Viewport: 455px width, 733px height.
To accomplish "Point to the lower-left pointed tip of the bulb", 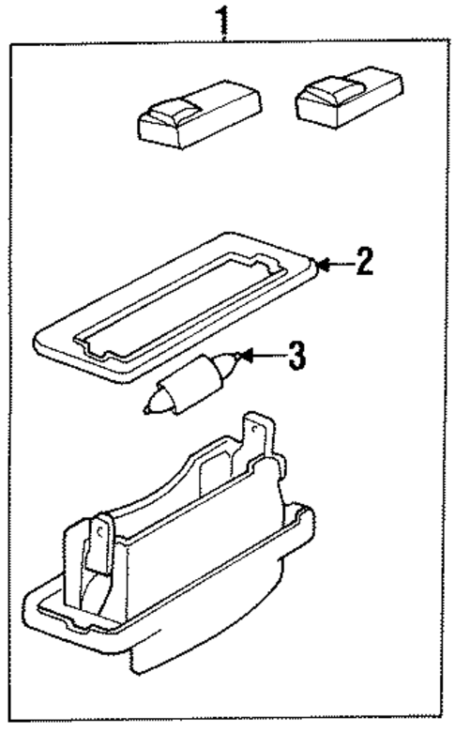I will [x=149, y=408].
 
